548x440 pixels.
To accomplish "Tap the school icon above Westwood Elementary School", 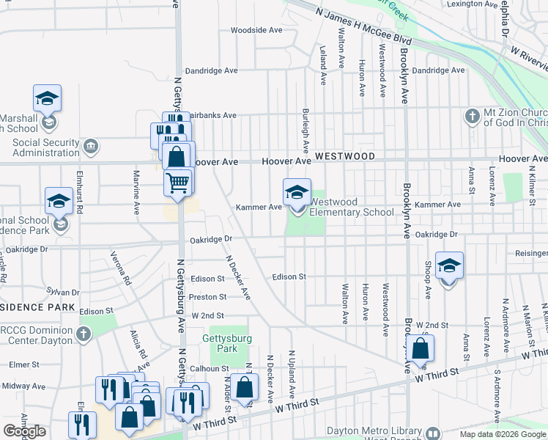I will point(297,192).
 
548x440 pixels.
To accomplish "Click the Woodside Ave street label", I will point(256,30).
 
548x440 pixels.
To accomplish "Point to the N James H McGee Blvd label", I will point(363,26).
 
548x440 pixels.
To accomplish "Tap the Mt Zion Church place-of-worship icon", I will point(472,116).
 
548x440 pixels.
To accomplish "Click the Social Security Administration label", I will point(45,147).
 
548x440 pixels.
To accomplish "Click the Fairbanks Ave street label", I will point(212,115).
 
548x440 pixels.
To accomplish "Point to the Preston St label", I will point(208,297).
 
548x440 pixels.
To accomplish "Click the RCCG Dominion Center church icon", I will point(84,334).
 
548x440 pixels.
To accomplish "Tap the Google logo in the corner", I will point(23,431).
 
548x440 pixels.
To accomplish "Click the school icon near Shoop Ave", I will point(449,265).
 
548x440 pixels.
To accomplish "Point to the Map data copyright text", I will point(502,434).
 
